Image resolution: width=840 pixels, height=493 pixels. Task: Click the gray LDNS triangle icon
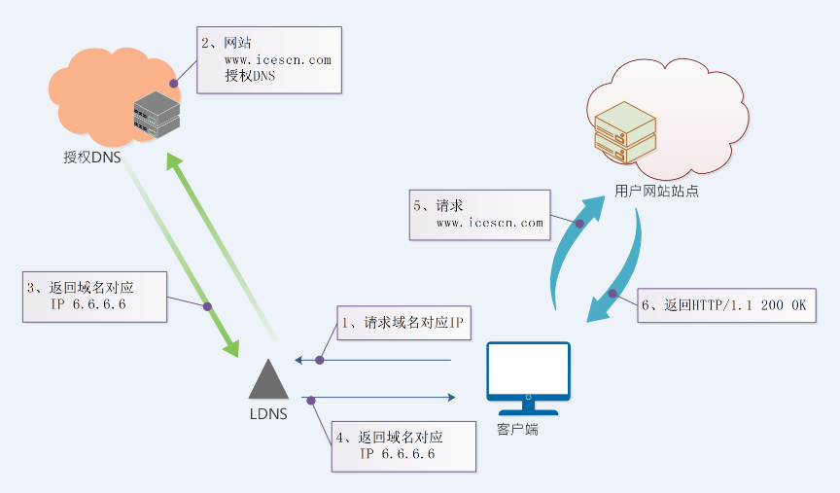pos(267,379)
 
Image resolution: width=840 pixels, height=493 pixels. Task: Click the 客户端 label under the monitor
pos(517,428)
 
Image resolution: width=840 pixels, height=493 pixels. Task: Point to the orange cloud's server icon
pos(157,113)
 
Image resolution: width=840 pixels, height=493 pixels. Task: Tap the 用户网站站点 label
pos(656,191)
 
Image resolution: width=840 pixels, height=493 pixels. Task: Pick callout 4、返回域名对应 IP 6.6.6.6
pos(403,446)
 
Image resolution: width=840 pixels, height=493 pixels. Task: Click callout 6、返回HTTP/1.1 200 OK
pos(725,304)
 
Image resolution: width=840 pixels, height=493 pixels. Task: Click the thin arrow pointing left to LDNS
pos(373,361)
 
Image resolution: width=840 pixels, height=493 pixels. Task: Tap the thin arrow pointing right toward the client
pos(379,397)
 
